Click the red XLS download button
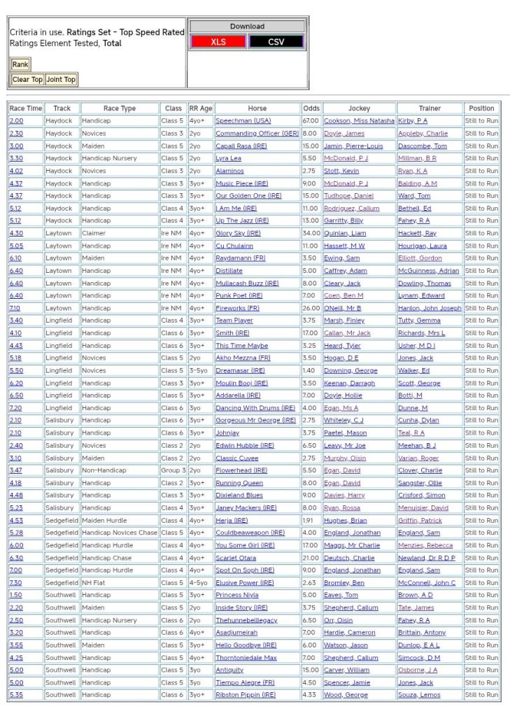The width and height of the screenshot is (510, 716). point(218,42)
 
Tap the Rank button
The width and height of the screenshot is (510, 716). point(20,64)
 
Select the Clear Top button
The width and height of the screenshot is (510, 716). point(27,80)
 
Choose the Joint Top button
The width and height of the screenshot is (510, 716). point(61,80)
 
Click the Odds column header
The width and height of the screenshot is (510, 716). point(311,108)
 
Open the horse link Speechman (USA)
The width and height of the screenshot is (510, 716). point(243,121)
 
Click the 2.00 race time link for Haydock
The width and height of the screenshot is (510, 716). point(15,121)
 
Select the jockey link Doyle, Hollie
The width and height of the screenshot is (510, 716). point(343,395)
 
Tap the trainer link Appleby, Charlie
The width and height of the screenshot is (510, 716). point(423,134)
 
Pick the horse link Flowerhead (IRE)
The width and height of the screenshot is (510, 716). point(241,470)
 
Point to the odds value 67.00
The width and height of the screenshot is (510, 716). point(310,121)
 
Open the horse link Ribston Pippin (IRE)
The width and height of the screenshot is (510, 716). point(246,695)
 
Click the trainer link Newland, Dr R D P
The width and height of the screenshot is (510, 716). point(426,558)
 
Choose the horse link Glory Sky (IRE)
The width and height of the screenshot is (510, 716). point(238,233)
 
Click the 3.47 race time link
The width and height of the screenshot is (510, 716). point(15,470)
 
